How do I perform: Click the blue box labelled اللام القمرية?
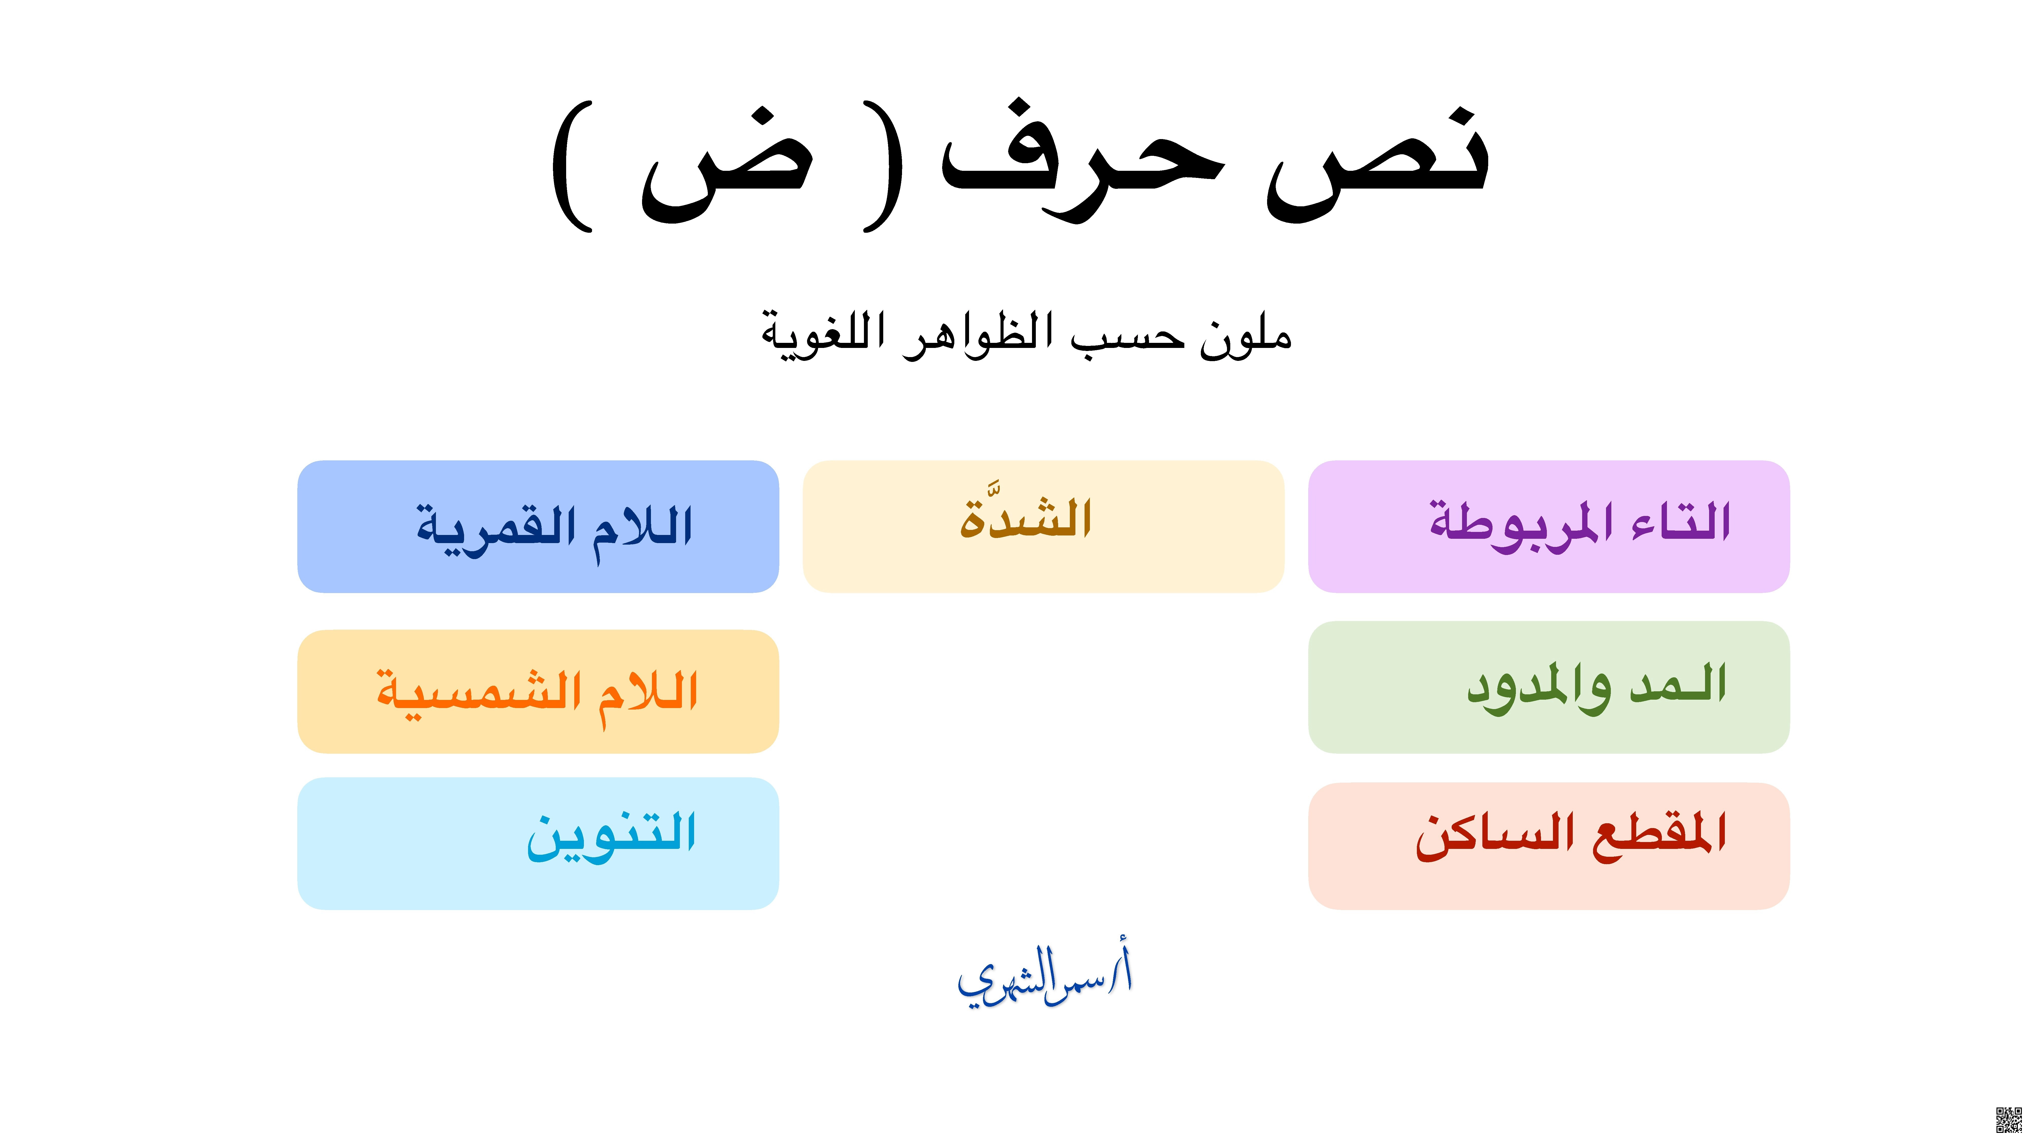tap(538, 527)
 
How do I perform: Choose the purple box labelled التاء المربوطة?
tap(1548, 527)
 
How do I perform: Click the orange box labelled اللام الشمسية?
tap(538, 691)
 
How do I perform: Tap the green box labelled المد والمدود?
tap(1548, 687)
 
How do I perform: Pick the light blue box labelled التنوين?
tap(538, 843)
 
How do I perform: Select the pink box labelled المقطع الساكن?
tap(1548, 846)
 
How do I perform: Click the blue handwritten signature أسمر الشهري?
tap(1045, 977)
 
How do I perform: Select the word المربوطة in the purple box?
tap(1510, 524)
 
